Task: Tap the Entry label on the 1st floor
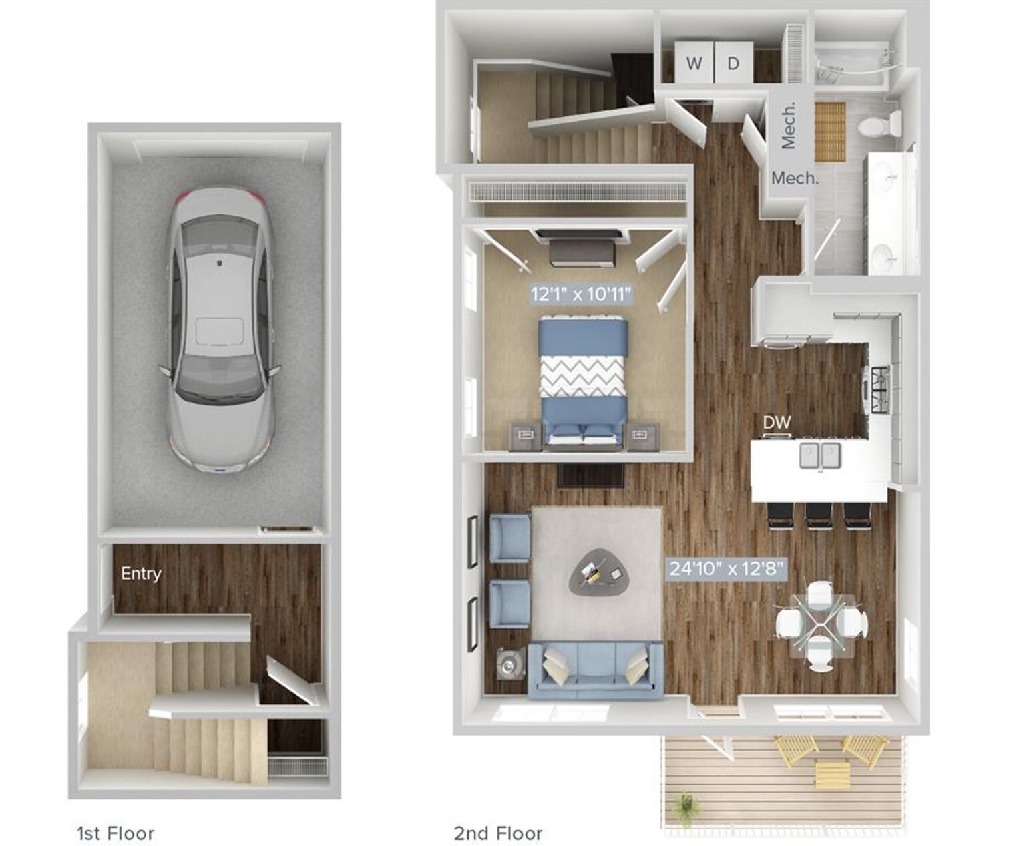click(141, 573)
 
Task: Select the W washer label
click(694, 63)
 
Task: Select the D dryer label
click(733, 63)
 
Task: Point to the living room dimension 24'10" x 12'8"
click(726, 569)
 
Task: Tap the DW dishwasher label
click(777, 422)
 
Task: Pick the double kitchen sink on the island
click(820, 456)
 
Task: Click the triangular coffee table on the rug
click(600, 573)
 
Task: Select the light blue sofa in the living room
click(596, 669)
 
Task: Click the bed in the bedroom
click(584, 381)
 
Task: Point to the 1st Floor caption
click(116, 833)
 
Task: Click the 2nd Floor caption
click(498, 833)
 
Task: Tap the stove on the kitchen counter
click(878, 389)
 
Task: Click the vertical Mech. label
click(789, 126)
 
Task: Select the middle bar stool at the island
click(819, 515)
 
